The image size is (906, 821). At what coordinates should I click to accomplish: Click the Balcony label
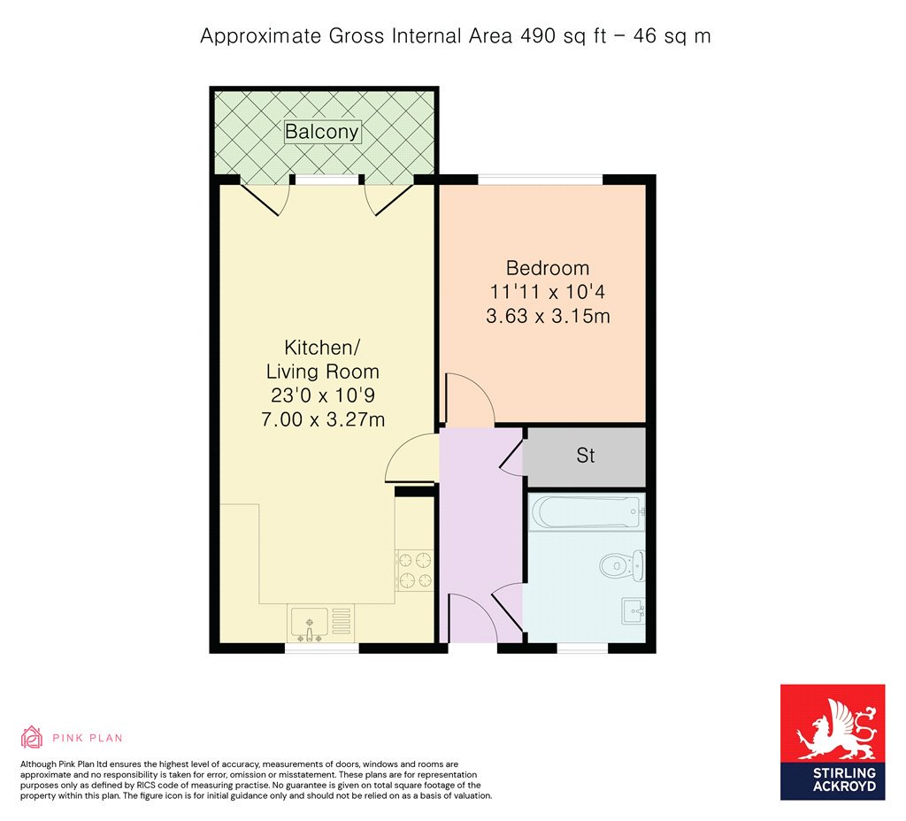pos(322,132)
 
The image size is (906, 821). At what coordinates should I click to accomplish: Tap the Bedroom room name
pos(548,268)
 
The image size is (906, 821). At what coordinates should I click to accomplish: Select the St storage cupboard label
pos(586,456)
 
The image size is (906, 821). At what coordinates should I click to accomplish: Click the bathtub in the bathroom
pos(587,512)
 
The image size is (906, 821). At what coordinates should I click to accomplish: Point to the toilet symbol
pos(622,565)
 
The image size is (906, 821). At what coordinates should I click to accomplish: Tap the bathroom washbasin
pos(633,610)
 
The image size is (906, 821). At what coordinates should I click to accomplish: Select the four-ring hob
pos(414,571)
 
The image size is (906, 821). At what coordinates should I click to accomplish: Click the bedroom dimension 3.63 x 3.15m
pos(548,316)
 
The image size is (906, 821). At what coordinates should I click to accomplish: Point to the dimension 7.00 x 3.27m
pos(322,418)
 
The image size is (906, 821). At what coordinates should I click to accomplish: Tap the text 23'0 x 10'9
pos(322,395)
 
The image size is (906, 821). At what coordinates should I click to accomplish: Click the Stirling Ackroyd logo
pos(833,742)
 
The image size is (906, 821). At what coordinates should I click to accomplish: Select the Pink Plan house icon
pos(32,737)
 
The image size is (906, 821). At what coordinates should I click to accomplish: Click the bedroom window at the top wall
pos(541,179)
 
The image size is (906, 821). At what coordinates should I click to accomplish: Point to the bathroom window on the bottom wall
pos(582,648)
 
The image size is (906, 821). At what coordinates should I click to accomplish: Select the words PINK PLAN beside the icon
pos(88,738)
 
